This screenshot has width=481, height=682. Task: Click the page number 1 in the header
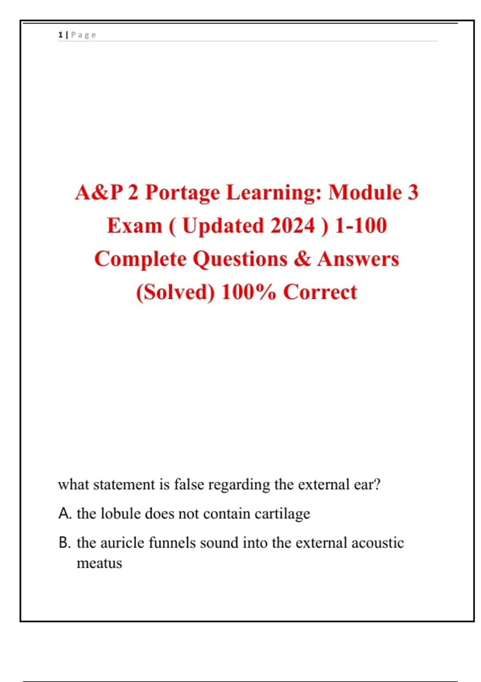60,35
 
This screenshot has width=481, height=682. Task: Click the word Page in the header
83,35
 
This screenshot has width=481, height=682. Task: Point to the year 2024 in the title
293,225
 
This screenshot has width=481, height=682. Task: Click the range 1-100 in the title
361,225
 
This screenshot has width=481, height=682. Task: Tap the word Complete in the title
140,259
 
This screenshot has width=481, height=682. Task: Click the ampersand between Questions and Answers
302,259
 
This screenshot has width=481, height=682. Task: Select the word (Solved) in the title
175,292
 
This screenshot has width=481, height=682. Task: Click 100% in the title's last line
249,292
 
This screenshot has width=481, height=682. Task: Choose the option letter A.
65,514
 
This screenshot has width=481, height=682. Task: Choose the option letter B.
65,543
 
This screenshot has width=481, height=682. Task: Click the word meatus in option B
99,563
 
